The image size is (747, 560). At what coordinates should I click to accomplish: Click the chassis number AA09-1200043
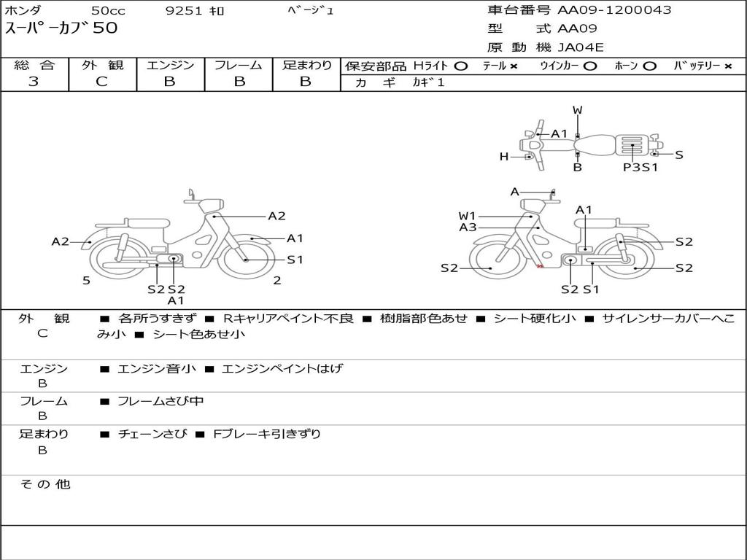point(614,10)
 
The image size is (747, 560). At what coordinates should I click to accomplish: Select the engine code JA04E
point(580,47)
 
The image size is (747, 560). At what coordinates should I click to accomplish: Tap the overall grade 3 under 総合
point(34,82)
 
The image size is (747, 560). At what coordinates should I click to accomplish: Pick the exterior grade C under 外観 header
point(101,82)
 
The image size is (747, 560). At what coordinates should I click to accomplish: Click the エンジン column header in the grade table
point(170,65)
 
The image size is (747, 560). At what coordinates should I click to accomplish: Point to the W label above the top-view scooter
point(578,110)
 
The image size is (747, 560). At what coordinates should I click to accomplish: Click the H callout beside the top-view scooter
point(504,156)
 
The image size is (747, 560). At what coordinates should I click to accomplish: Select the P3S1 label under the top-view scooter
point(640,167)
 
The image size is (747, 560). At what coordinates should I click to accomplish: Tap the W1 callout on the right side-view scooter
point(468,216)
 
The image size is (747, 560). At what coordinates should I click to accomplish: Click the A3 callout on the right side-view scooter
point(468,227)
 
